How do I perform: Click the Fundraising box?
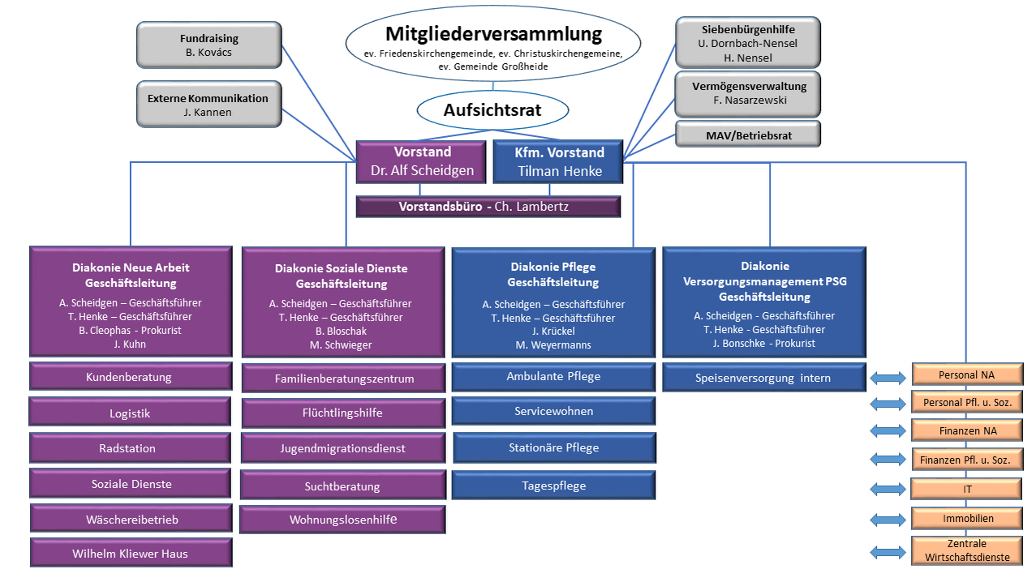point(209,45)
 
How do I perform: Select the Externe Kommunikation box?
point(209,104)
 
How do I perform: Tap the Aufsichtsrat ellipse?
point(492,110)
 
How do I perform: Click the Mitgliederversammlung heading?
point(493,34)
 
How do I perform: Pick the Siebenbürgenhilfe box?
point(748,42)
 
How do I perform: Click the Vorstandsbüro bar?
point(488,207)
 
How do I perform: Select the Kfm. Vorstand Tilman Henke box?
point(558,162)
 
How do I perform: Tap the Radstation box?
point(130,448)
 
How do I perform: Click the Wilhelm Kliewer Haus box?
point(131,553)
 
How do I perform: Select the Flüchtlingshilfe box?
point(343,413)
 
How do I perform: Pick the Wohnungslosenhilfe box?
point(342,520)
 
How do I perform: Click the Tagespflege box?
point(553,486)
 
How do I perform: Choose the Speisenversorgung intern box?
point(764,378)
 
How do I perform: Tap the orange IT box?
point(966,489)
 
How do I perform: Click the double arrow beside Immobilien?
point(888,520)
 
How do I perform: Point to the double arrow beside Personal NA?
point(888,378)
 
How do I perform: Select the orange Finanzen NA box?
point(967,430)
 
